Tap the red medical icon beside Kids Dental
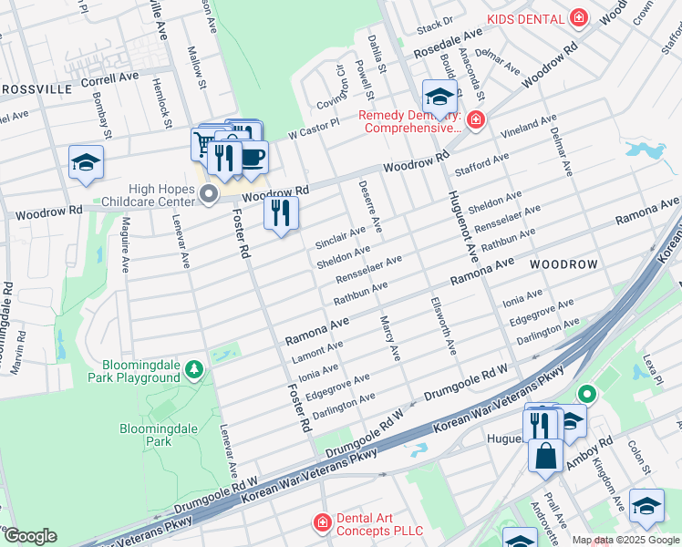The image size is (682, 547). point(577,18)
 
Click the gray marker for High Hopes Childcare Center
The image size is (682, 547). point(209,193)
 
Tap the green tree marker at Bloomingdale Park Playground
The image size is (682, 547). point(193,369)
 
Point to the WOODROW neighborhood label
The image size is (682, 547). point(563,264)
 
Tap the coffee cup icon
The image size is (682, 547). point(253,156)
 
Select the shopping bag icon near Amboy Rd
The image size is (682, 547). point(545,455)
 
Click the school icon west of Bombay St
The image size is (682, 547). point(87,162)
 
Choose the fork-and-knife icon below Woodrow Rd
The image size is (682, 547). point(281,213)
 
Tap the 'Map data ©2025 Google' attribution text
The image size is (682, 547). point(625,540)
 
